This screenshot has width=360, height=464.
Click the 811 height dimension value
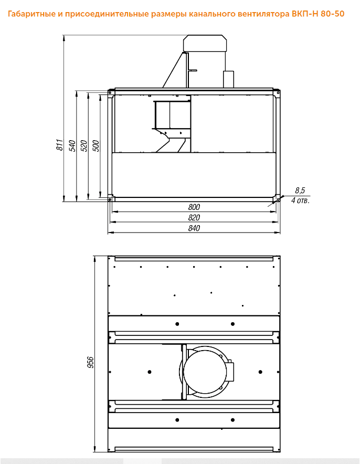coord(60,145)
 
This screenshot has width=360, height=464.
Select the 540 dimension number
coord(72,146)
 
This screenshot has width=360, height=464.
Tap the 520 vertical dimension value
coord(84,146)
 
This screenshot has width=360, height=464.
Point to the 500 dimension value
coord(96,146)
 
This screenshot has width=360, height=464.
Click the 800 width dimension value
coord(194,207)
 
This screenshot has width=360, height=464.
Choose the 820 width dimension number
coord(194,217)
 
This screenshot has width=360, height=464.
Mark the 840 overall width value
coord(194,228)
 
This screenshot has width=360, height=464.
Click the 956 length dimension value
coord(90,362)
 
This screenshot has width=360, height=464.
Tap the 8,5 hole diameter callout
coord(300,191)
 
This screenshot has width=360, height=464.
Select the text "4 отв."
coord(300,201)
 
